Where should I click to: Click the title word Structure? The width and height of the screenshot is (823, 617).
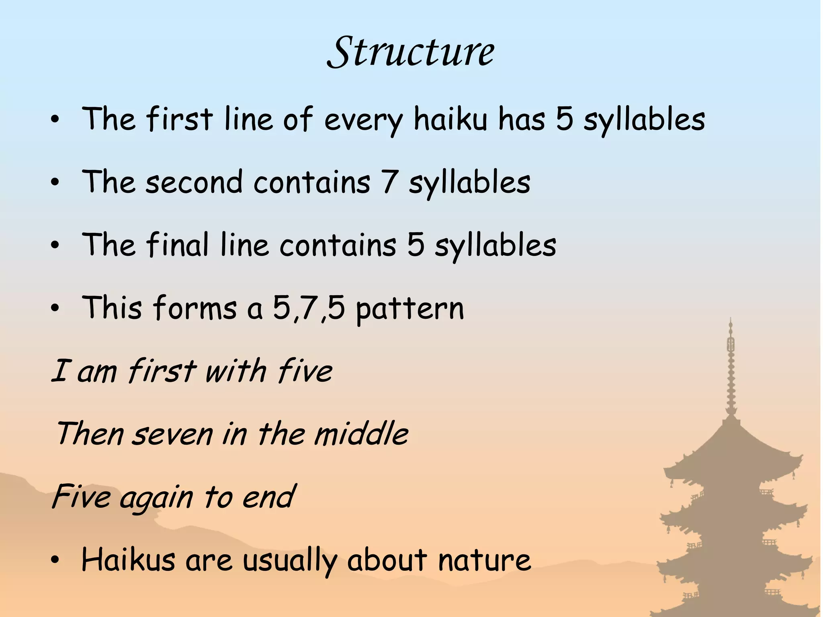point(411,52)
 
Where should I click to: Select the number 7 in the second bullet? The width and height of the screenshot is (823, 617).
point(389,182)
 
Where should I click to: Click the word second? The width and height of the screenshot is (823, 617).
point(194,182)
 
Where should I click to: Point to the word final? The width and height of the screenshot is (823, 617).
point(177,245)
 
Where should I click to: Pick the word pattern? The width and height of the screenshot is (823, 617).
point(410,308)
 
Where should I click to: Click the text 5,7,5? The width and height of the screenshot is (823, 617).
point(309,308)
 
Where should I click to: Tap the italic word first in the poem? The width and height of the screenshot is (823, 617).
point(162,370)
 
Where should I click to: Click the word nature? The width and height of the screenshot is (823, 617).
point(484,560)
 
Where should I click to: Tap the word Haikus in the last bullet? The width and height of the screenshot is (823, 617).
point(128,559)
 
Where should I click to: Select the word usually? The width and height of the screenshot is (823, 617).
point(290,560)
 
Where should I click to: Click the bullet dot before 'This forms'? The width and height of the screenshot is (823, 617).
point(55,308)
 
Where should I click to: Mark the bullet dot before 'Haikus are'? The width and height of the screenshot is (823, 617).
point(55,560)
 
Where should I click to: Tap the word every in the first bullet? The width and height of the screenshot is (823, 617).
point(363,120)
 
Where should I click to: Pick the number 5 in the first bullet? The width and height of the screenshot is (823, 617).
point(564,119)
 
